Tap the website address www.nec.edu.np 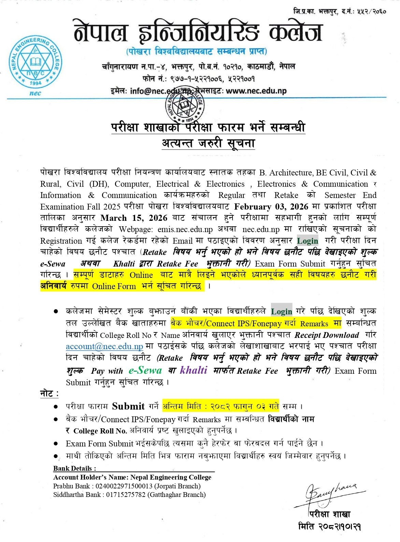256,91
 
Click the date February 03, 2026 271,206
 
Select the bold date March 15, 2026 134,218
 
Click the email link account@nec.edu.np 104,346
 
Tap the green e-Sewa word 145,370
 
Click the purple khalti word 194,370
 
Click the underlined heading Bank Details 74,468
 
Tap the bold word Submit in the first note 128,406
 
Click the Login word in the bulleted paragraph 282,311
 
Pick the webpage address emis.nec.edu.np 185,229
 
